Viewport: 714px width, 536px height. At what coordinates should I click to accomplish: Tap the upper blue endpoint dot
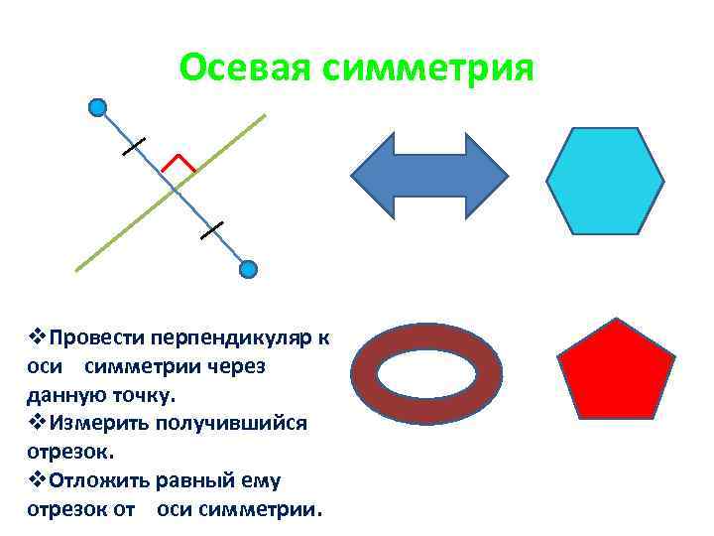tap(96, 107)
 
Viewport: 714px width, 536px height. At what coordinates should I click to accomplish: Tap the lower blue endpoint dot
tap(249, 269)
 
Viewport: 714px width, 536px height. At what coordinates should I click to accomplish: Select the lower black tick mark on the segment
tap(211, 230)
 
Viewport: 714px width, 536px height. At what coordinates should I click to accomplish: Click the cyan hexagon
tap(605, 180)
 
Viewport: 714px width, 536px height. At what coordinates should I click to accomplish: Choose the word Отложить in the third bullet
tap(98, 481)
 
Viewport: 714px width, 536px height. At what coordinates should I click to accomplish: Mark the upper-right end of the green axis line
tap(264, 116)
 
